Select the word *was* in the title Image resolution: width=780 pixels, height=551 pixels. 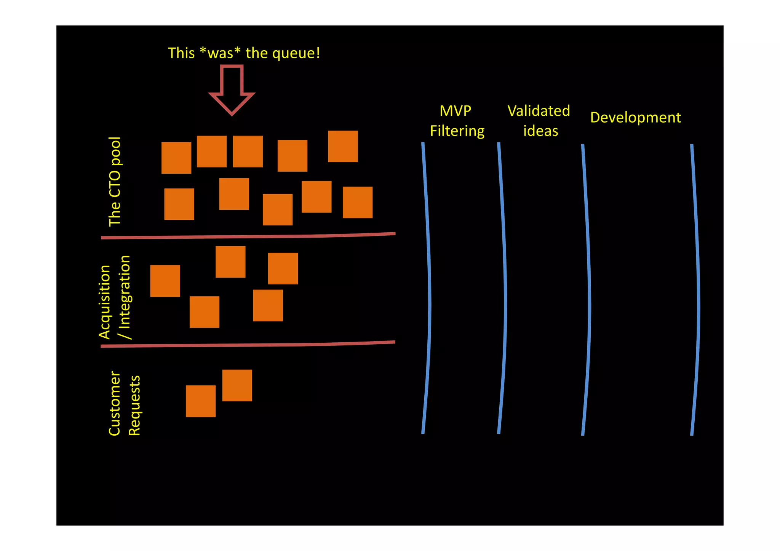[220, 53]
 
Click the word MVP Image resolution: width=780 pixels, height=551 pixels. [455, 111]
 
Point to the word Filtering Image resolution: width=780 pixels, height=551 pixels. [457, 131]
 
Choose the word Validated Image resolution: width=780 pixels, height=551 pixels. [539, 111]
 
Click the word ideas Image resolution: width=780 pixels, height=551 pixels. [540, 131]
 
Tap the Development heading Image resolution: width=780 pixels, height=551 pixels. [635, 118]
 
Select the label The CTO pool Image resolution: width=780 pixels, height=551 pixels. [115, 182]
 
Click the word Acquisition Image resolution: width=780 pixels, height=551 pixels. [104, 302]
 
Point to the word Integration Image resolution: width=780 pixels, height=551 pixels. [125, 292]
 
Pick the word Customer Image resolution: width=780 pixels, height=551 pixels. [115, 403]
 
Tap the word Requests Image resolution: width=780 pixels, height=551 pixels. [134, 406]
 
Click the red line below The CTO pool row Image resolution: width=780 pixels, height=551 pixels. [248, 236]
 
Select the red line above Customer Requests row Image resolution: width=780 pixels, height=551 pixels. [248, 345]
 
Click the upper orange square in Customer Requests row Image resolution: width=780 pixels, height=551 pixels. [237, 385]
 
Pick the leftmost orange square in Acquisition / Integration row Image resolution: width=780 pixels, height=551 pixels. [165, 281]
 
